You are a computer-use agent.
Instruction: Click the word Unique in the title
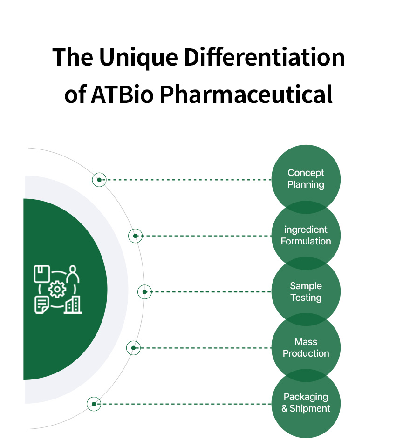click(x=138, y=58)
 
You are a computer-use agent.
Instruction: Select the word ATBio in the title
click(x=123, y=94)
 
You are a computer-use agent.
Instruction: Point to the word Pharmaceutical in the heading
click(x=246, y=94)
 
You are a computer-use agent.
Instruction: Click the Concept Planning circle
click(x=306, y=179)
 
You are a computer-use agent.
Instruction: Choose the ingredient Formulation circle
click(x=306, y=236)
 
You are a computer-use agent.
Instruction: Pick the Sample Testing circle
click(x=306, y=291)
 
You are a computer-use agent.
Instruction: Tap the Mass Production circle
click(x=306, y=348)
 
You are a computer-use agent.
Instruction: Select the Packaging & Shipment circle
click(x=306, y=404)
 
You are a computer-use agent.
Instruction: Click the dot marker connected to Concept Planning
click(x=99, y=180)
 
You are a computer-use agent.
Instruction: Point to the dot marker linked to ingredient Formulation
click(x=136, y=236)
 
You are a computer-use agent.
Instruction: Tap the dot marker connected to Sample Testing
click(x=144, y=292)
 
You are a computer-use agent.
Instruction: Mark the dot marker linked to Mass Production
click(x=133, y=348)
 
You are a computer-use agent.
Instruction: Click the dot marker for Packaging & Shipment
click(x=94, y=404)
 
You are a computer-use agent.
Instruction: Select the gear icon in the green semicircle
click(x=57, y=289)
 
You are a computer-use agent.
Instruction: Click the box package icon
click(x=42, y=274)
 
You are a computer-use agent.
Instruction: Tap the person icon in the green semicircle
click(x=73, y=274)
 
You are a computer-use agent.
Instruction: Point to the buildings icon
click(x=73, y=305)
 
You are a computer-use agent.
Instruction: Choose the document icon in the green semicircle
click(x=42, y=305)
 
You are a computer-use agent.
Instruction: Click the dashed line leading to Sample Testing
click(x=212, y=292)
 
